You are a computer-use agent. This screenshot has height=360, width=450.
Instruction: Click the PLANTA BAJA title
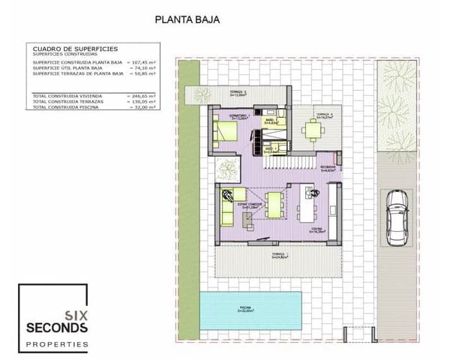[187, 21]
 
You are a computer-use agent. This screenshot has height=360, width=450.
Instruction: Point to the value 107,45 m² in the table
[141, 62]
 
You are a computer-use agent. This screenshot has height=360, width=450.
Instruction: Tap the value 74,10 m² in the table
[141, 68]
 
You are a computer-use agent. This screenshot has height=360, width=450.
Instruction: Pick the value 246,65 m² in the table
[141, 96]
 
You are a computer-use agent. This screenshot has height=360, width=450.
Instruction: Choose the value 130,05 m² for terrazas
[141, 102]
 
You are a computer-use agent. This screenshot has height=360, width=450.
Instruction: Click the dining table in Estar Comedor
[275, 204]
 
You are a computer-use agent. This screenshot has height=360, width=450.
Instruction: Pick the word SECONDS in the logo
[57, 328]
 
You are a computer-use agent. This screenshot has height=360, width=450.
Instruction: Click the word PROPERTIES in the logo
[57, 344]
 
